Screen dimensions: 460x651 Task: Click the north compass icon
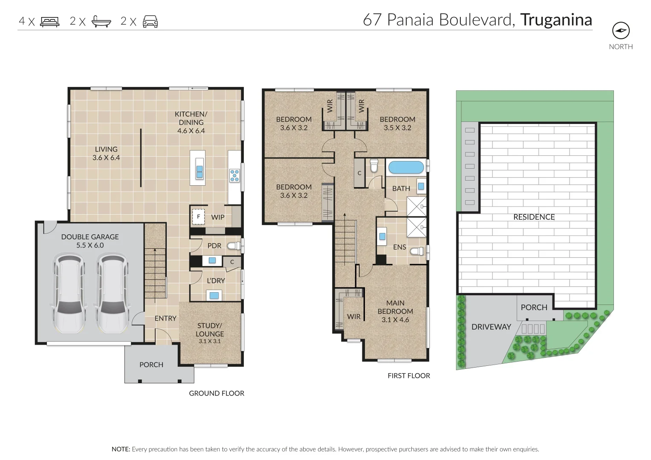[x=621, y=31]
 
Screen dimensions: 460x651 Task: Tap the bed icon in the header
[x=49, y=21]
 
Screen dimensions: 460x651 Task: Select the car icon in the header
[x=150, y=21]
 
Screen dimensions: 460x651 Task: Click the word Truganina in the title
[x=556, y=20]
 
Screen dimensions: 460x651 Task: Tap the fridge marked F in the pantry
[x=198, y=217]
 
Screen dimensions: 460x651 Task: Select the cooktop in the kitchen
[x=234, y=175]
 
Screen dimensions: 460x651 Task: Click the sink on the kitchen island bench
[x=199, y=168]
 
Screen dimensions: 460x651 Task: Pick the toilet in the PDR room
[x=234, y=246]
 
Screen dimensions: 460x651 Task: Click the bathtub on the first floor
[x=405, y=167]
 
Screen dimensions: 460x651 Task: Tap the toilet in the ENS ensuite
[x=417, y=251]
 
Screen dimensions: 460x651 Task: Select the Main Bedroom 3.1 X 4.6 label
[x=395, y=311]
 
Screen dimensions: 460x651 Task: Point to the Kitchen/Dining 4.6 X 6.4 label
[x=191, y=122]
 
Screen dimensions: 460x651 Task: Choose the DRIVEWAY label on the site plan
[x=491, y=327]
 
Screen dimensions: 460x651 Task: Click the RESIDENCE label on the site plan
[x=534, y=217]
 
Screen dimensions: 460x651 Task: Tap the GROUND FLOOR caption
[x=217, y=393]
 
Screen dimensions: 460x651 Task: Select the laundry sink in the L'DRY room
[x=214, y=295]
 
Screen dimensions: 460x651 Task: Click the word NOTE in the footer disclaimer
[x=121, y=449]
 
